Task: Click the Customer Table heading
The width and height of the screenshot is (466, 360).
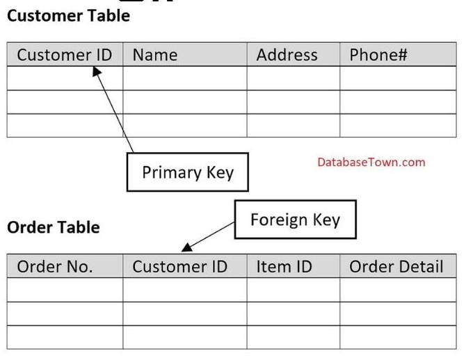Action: (68, 16)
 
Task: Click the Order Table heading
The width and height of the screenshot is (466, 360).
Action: (54, 227)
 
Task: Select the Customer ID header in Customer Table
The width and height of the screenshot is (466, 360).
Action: (65, 55)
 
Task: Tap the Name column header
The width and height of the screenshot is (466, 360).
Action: (155, 55)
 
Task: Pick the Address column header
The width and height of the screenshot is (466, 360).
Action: (287, 55)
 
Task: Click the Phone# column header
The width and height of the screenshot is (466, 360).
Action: (378, 55)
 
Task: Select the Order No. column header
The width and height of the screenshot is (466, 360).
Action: (55, 266)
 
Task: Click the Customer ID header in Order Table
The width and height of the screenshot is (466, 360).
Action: (180, 266)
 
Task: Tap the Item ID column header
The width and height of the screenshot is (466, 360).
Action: (284, 266)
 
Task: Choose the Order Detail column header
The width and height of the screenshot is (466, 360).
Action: (396, 266)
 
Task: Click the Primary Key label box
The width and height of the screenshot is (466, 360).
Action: (188, 172)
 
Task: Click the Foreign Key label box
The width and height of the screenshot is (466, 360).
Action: (296, 220)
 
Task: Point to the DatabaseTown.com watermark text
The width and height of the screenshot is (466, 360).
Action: (371, 162)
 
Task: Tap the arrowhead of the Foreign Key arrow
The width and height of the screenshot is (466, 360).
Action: (186, 247)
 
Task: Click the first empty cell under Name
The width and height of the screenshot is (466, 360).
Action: (185, 78)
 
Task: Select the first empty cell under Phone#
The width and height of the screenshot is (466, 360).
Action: (398, 78)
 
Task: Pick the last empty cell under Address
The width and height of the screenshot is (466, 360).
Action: (294, 125)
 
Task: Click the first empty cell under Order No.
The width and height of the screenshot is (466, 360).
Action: (65, 290)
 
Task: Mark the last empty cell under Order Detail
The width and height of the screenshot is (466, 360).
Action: (398, 337)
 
